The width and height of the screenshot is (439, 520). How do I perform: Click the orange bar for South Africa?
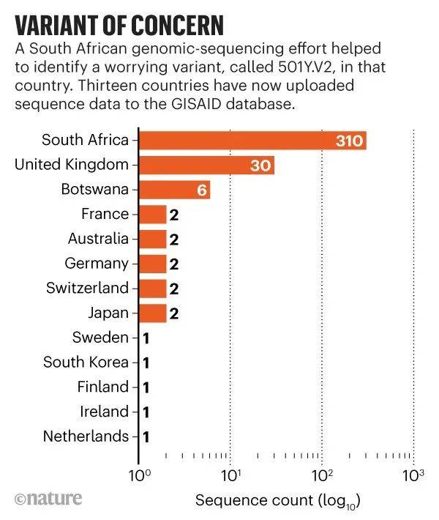[x=249, y=140]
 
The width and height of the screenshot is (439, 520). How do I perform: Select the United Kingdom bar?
[x=205, y=165]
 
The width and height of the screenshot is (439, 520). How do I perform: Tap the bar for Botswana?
[x=174, y=190]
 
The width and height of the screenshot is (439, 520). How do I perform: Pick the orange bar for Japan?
[x=152, y=313]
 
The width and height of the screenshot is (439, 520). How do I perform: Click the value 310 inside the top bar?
[x=349, y=141]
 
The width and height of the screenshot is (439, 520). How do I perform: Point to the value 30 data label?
[x=260, y=166]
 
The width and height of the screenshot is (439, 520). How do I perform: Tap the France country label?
[x=105, y=214]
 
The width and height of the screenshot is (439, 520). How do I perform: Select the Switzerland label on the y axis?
[x=87, y=288]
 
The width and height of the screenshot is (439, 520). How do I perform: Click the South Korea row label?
[x=86, y=362]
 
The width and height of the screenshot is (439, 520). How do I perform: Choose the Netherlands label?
[x=86, y=436]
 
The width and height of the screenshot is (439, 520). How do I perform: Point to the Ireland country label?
[x=103, y=411]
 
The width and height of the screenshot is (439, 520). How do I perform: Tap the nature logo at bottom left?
[x=48, y=499]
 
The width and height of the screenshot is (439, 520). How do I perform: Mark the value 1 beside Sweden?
[x=146, y=338]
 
